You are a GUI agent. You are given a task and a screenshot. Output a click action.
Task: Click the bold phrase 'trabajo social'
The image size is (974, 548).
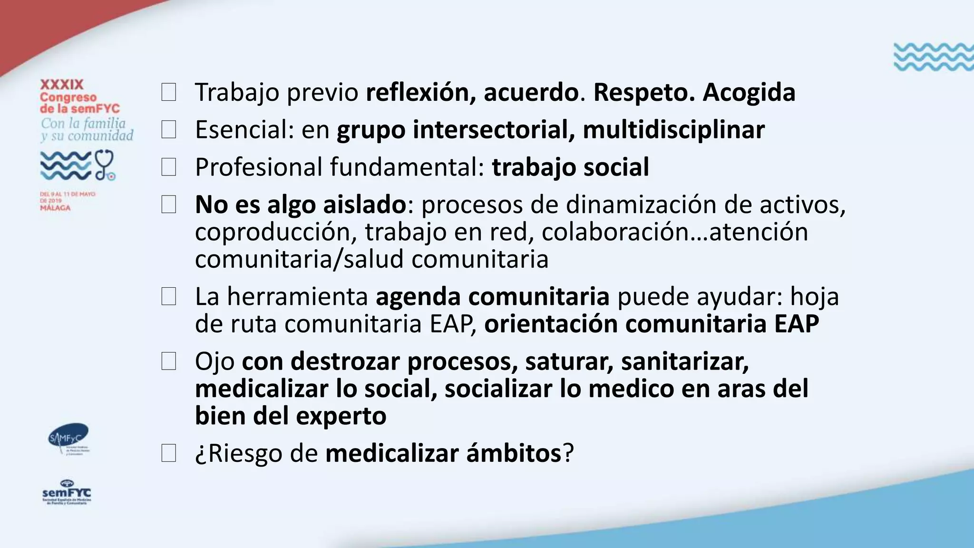point(570,167)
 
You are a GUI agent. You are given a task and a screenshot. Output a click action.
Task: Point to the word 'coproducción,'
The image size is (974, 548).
point(276,233)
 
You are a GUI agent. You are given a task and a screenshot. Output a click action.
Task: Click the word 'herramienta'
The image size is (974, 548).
point(297,297)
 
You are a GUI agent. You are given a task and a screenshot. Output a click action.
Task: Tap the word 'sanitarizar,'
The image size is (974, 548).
point(685,362)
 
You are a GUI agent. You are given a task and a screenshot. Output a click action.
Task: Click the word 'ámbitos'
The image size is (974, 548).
point(514,453)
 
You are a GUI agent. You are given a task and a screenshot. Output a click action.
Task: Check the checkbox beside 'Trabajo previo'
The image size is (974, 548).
point(169,92)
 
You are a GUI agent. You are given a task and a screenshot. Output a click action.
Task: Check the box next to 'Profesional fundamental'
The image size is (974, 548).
point(169,167)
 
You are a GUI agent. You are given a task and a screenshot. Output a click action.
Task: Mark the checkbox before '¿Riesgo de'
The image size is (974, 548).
point(169,453)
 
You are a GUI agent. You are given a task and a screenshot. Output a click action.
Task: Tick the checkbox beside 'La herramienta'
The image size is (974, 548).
point(169,297)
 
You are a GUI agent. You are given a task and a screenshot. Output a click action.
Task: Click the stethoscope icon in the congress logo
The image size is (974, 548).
point(105,165)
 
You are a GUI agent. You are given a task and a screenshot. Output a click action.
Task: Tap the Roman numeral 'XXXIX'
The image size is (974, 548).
point(62,85)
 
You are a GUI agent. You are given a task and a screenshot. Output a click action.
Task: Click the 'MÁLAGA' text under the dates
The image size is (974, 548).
point(55,208)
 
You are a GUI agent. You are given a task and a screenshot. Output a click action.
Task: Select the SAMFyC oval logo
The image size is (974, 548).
point(69,437)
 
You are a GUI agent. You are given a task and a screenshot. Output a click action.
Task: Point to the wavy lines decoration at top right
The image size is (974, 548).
point(933,57)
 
